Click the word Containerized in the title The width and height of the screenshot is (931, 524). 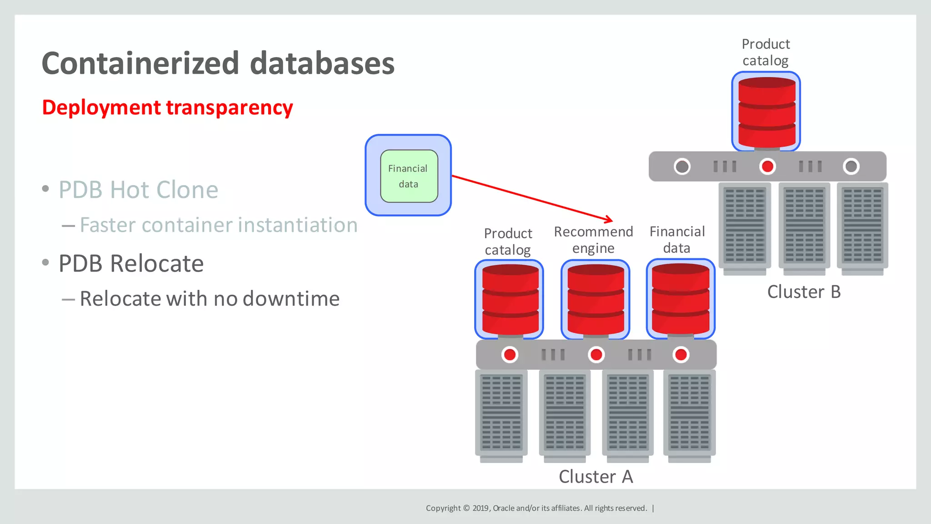pos(140,64)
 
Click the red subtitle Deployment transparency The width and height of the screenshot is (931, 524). pos(167,108)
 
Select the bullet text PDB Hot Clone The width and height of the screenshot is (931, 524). pos(138,190)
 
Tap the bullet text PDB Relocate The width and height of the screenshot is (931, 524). pos(131,263)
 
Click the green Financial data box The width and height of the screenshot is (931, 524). pos(409,176)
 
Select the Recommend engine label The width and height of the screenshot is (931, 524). pos(593,240)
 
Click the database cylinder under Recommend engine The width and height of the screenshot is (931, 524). pos(596,300)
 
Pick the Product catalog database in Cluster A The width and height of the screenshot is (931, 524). pos(510,300)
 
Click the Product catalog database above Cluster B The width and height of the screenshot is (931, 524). pos(766,111)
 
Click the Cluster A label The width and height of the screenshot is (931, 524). pos(596,476)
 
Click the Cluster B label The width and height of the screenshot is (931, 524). pos(804,292)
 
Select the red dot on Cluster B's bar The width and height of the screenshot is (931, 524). pos(767,166)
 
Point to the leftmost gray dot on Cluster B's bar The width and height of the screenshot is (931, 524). pos(682,166)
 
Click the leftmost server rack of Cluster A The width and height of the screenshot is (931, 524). pos(501,414)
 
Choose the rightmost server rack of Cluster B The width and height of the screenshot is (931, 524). pos(862,227)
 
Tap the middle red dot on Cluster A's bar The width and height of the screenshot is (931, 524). pos(596,354)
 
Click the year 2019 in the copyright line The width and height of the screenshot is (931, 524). pos(481,508)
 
